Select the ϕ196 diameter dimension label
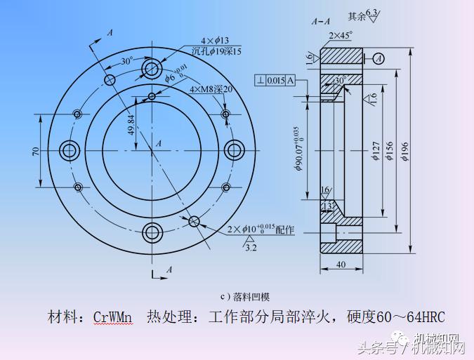coord(404,152)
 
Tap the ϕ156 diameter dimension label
coord(388,152)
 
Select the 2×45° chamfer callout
coord(340,34)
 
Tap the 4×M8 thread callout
coord(210,90)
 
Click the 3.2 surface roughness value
coord(250,247)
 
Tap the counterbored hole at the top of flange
coord(152,68)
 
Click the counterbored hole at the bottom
coord(152,232)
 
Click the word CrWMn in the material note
coord(112,316)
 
